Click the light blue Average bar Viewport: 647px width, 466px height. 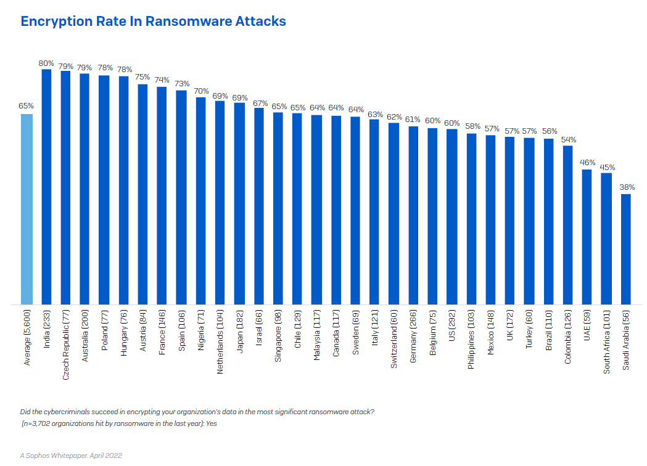(x=27, y=210)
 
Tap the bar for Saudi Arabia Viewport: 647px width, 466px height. (x=625, y=249)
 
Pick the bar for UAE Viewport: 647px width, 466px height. (x=587, y=237)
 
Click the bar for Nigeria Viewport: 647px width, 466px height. (x=200, y=201)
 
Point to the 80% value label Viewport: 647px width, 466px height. (x=46, y=63)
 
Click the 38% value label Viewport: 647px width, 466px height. (x=625, y=187)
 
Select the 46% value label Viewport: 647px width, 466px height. (x=587, y=163)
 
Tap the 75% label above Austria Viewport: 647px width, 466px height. (x=142, y=77)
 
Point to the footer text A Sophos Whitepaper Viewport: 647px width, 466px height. (x=53, y=456)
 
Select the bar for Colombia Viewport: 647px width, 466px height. (x=567, y=225)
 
